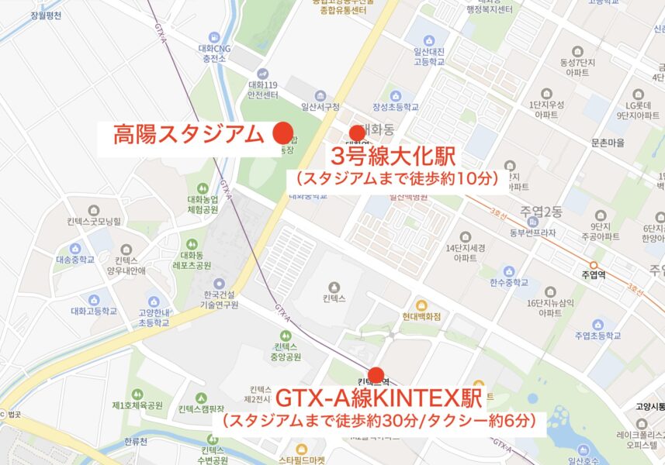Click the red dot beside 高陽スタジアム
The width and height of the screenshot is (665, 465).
(282, 133)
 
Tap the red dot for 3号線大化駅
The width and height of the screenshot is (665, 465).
(357, 133)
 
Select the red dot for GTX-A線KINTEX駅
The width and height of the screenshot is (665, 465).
(376, 376)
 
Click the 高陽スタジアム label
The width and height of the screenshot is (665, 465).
(189, 135)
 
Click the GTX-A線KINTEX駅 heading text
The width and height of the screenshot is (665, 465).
(379, 401)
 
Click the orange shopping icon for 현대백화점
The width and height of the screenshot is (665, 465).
(421, 304)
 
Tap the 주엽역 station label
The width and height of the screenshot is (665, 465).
(596, 274)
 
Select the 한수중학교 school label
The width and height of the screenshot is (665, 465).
(508, 284)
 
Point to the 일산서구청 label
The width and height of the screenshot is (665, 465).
(320, 107)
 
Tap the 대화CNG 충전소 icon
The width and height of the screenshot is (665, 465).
(215, 37)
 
